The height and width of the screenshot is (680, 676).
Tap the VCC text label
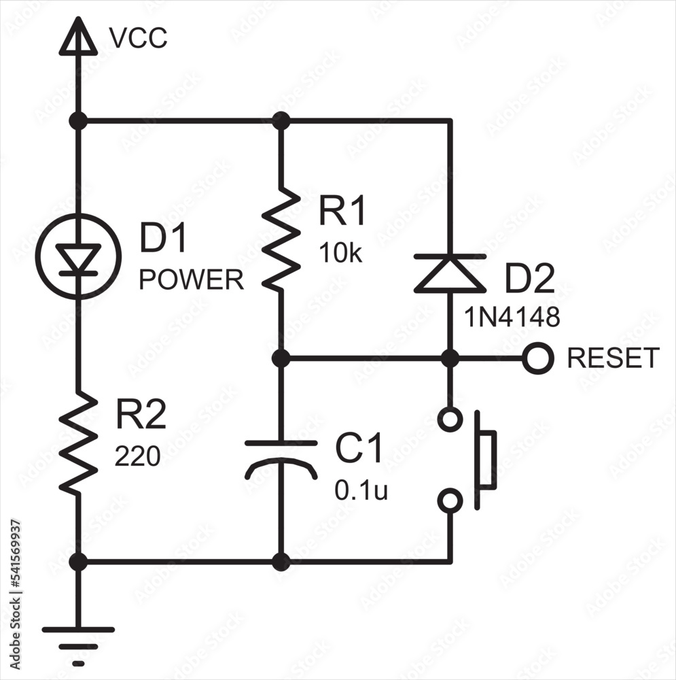[x=138, y=39]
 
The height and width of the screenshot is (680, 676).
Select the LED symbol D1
[x=78, y=257]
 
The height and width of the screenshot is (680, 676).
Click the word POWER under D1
[x=191, y=279]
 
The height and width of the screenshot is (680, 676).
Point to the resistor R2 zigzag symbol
[x=78, y=442]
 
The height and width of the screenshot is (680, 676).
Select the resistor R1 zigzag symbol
[x=281, y=238]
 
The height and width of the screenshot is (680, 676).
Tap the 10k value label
[x=340, y=254]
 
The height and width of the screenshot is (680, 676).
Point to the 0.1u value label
[x=361, y=492]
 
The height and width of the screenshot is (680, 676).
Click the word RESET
[x=613, y=358]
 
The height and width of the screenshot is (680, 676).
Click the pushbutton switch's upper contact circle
[x=449, y=420]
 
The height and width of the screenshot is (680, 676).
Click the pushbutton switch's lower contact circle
[x=449, y=502]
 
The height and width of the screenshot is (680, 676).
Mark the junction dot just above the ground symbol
[x=78, y=562]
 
